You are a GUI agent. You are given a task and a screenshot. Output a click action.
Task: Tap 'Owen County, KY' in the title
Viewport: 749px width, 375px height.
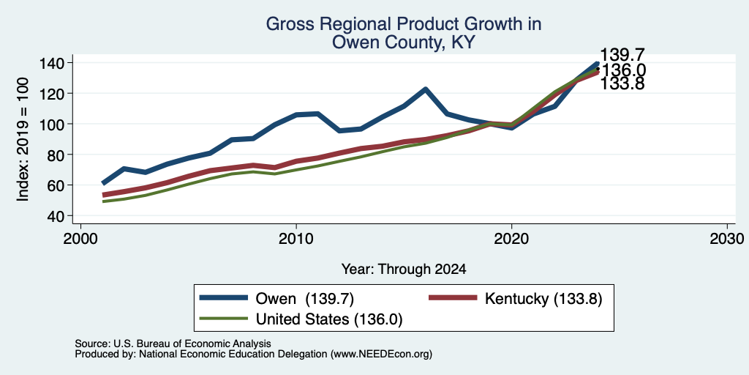(404, 42)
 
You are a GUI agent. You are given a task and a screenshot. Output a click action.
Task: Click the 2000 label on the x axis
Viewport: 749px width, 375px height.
(80, 238)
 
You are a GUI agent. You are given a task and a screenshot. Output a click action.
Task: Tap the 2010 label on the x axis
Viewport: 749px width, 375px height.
(296, 238)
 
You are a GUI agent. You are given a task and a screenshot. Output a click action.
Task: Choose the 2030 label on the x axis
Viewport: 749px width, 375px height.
(727, 238)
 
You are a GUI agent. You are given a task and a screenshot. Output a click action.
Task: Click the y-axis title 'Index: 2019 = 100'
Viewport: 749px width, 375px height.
(23, 139)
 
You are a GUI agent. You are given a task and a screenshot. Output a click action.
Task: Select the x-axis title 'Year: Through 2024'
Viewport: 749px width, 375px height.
(404, 270)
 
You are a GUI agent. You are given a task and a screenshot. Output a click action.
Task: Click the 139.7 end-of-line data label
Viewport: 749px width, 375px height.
(622, 55)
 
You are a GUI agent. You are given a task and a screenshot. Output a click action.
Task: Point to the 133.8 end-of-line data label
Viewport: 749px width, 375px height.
(622, 83)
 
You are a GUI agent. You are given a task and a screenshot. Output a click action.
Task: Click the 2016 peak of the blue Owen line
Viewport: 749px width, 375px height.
(425, 89)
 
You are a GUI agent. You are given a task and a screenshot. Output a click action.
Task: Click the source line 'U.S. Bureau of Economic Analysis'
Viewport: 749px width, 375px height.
(192, 344)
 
